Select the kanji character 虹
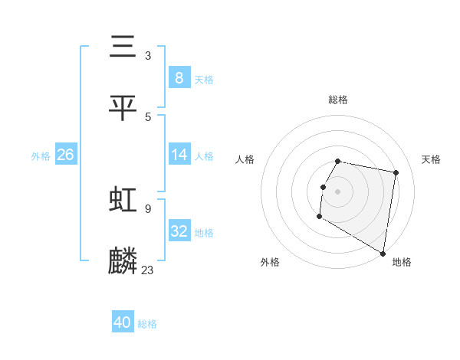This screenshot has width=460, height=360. click(123, 200)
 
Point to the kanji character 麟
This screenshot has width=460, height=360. click(123, 260)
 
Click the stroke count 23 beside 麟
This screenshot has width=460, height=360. click(148, 270)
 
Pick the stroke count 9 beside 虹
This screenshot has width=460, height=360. click(148, 208)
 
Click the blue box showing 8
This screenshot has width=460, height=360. click(179, 77)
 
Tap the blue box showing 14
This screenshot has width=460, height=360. click(179, 155)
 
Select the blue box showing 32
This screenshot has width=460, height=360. click(179, 231)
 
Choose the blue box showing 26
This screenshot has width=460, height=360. click(65, 155)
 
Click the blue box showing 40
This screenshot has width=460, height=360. click(123, 322)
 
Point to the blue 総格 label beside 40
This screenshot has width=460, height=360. click(147, 324)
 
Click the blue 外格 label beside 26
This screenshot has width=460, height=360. click(41, 156)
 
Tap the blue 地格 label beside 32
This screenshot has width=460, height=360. click(204, 233)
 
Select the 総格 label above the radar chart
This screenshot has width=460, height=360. click(337, 100)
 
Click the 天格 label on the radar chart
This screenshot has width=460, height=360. click(431, 159)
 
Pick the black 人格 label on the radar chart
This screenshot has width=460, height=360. click(245, 159)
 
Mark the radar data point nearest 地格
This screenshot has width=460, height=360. click(383, 254)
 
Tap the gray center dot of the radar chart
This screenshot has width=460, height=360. click(337, 191)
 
